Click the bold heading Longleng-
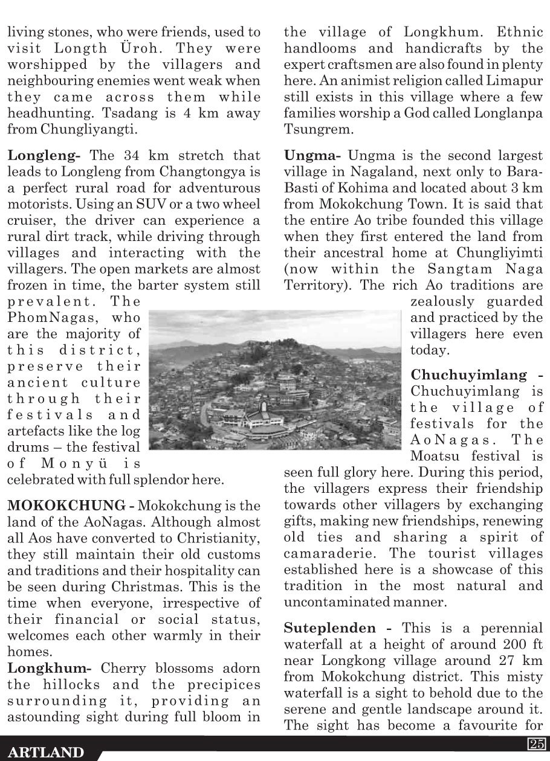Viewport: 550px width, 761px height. coord(44,156)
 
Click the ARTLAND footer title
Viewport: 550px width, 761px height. coord(47,753)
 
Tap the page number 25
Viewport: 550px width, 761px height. coord(537,744)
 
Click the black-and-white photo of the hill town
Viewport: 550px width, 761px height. coord(275,380)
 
